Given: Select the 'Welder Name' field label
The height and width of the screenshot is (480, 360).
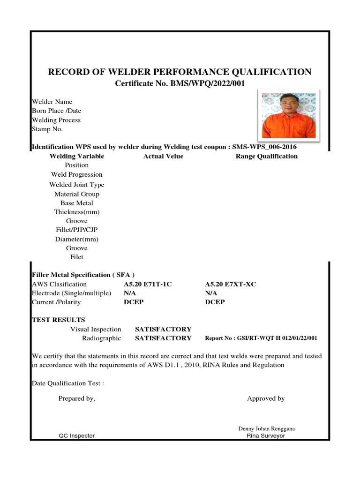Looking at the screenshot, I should point(52,102).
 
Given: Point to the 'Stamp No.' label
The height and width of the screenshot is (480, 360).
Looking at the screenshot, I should point(47,129).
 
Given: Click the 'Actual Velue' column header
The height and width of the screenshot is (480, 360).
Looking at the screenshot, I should point(163,156).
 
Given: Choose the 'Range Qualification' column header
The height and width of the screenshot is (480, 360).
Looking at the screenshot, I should point(266,156).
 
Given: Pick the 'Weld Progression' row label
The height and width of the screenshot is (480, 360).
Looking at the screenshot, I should point(76,174).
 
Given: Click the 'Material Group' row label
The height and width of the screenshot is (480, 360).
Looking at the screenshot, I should point(76,194).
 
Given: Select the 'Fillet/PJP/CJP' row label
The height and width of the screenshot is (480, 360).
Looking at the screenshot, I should point(76,230).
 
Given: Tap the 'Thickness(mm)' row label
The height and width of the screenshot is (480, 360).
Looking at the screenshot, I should point(76,212).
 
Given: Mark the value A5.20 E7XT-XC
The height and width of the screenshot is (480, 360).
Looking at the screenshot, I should point(231,285).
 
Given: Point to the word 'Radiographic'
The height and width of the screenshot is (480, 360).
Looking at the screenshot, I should point(102,338).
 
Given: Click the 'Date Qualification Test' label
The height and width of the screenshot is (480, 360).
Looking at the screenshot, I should point(67,383).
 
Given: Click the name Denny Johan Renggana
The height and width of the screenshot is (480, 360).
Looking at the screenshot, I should point(266,428).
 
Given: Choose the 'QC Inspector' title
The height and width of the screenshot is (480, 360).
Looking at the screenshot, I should point(76,435).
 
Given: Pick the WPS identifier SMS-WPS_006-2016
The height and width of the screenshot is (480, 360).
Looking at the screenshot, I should point(264,147).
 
